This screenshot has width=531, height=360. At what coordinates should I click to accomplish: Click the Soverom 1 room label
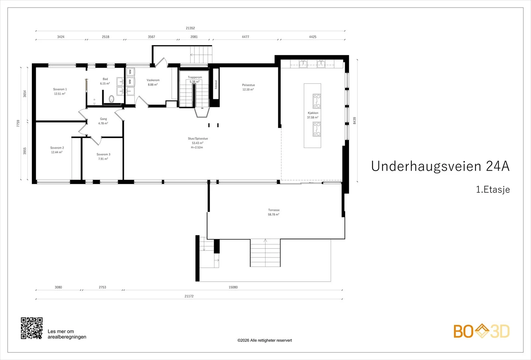pyautogui.click(x=60, y=89)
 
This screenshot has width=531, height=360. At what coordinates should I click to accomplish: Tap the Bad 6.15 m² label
pyautogui.click(x=105, y=81)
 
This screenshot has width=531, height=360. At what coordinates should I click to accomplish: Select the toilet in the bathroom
pyautogui.click(x=112, y=99)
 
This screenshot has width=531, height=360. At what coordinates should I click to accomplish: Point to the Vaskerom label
pyautogui.click(x=153, y=80)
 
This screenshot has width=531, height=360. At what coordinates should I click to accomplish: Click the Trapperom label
pyautogui.click(x=195, y=77)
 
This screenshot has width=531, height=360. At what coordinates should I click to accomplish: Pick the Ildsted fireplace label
pyautogui.click(x=216, y=85)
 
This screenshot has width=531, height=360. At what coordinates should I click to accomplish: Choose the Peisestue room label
pyautogui.click(x=249, y=85)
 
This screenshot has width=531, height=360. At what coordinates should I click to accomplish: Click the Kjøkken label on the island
pyautogui.click(x=313, y=113)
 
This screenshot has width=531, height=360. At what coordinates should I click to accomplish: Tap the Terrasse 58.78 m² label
pyautogui.click(x=274, y=212)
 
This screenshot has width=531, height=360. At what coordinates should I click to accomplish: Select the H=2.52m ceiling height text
pyautogui.click(x=197, y=147)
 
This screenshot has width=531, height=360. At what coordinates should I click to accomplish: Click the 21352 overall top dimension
pyautogui.click(x=190, y=28)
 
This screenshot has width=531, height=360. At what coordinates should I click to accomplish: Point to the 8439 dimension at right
pyautogui.click(x=355, y=121)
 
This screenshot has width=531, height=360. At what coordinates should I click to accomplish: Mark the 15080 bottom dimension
pyautogui.click(x=233, y=287)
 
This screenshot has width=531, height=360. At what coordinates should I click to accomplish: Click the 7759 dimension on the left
pyautogui.click(x=18, y=123)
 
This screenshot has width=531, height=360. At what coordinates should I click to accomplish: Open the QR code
pyautogui.click(x=32, y=328)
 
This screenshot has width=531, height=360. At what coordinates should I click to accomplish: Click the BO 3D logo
pyautogui.click(x=482, y=331)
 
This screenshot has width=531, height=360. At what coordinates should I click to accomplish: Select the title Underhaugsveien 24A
pyautogui.click(x=440, y=166)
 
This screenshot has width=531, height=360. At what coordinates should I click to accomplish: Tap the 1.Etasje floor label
pyautogui.click(x=493, y=189)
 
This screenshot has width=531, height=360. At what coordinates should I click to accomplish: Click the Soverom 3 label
pyautogui.click(x=103, y=154)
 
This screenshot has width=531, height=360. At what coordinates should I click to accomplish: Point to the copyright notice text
pyautogui.click(x=265, y=340)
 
